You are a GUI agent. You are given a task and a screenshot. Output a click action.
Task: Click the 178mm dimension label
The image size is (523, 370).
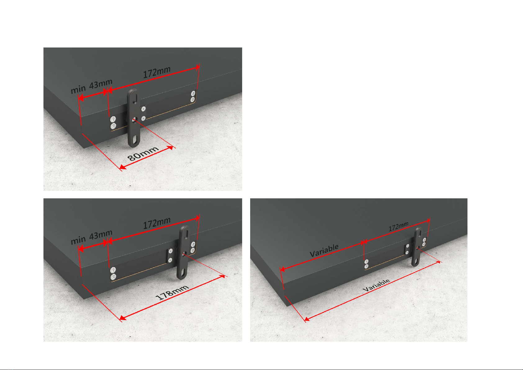172,292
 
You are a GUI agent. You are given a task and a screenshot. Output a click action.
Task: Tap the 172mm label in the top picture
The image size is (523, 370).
157,72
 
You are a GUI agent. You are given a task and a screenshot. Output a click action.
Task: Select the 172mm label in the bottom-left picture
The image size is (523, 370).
157,223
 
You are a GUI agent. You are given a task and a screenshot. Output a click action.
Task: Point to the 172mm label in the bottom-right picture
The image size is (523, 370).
398,226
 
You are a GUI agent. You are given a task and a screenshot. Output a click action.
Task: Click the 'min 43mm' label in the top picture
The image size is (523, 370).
92,86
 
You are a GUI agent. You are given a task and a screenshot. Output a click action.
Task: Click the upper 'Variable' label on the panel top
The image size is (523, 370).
324,250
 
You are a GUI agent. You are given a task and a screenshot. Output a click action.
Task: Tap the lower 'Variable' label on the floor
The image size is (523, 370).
376,285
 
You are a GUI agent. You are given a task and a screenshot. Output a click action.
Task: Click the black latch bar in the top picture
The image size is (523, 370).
134,118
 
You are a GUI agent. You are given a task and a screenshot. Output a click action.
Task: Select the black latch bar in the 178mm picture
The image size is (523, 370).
184,252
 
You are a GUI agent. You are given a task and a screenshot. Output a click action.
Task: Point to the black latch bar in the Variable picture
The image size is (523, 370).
417,246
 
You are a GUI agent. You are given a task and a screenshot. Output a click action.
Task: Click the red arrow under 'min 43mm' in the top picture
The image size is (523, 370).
93,95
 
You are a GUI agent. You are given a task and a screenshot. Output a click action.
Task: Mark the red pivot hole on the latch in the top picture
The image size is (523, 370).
134,120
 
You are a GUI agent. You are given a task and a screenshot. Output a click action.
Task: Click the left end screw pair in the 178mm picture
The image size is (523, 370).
113,273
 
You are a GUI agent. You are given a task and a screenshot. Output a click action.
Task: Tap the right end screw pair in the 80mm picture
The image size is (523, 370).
193,97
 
